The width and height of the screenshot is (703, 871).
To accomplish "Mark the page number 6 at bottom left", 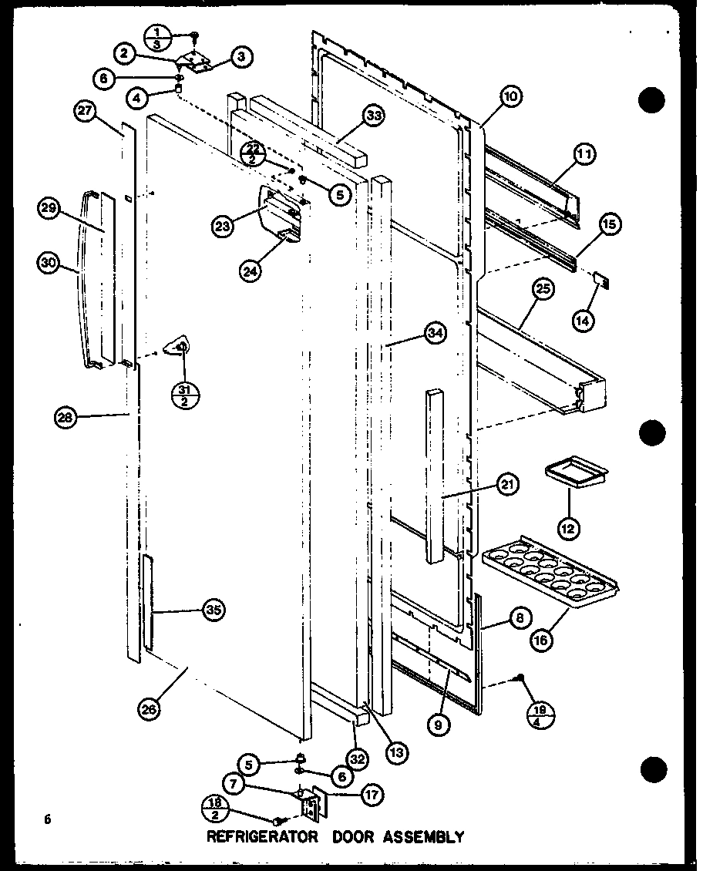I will point(48,820).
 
